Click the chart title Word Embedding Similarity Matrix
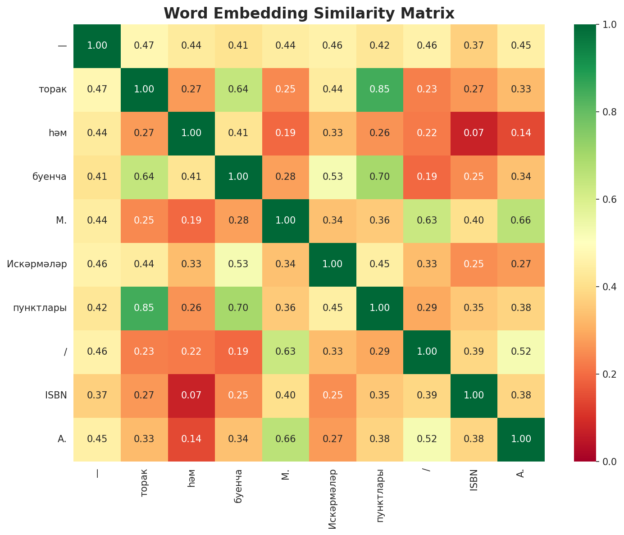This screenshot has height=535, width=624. coord(309,13)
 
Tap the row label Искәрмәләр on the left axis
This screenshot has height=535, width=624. coord(37,264)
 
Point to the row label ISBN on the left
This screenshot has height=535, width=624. coord(56,395)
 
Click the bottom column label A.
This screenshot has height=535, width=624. coord(521,474)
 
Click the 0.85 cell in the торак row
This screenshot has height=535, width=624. coord(380,89)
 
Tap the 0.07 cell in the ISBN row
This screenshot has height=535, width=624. coord(191,395)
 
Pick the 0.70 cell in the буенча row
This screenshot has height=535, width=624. coord(380,177)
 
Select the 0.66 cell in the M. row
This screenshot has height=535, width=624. coord(521,220)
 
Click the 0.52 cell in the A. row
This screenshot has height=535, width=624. coord(427,439)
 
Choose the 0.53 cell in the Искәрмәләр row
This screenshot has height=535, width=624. coord(238,264)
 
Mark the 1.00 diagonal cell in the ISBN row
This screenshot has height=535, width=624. coord(474,395)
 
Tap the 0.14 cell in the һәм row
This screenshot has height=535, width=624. coord(521,133)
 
